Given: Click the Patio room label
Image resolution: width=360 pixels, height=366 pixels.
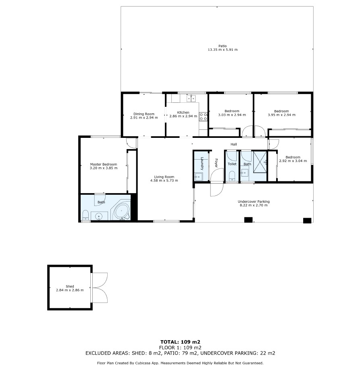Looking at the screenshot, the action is pyautogui.click(x=223, y=46).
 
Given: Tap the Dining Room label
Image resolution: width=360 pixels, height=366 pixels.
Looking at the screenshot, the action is pyautogui.click(x=144, y=114).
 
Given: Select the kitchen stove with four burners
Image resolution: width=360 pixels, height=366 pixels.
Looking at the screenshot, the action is pyautogui.click(x=203, y=116).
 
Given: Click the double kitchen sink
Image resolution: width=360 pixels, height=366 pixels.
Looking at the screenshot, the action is pyautogui.click(x=191, y=98).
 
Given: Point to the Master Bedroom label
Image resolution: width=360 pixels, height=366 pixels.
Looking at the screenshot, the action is pyautogui.click(x=104, y=164).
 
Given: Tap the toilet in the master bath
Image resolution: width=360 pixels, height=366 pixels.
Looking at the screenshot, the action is pyautogui.click(x=86, y=215).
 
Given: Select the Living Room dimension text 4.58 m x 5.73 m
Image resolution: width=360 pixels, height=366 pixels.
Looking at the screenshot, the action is pyautogui.click(x=164, y=181).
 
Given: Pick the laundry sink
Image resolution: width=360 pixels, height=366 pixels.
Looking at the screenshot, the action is pyautogui.click(x=198, y=177).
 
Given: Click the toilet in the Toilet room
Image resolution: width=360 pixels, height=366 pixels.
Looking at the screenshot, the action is pyautogui.click(x=232, y=176).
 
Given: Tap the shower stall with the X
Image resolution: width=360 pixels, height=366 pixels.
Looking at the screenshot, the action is pyautogui.click(x=260, y=162).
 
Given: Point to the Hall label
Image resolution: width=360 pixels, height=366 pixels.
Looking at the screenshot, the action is pyautogui.click(x=234, y=144).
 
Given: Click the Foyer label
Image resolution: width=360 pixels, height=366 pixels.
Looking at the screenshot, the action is pyautogui.click(x=216, y=163).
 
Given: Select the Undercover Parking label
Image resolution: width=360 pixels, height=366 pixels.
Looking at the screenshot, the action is pyautogui.click(x=254, y=202).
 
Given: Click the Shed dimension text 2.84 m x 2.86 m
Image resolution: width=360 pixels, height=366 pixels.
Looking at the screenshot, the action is pyautogui.click(x=70, y=290).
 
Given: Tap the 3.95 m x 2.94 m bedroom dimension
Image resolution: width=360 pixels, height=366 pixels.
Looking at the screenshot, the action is pyautogui.click(x=281, y=115).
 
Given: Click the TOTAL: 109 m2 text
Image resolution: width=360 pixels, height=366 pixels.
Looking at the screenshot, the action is pyautogui.click(x=180, y=342).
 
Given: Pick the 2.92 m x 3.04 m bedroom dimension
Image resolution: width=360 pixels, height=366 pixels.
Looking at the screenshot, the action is pyautogui.click(x=293, y=161).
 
